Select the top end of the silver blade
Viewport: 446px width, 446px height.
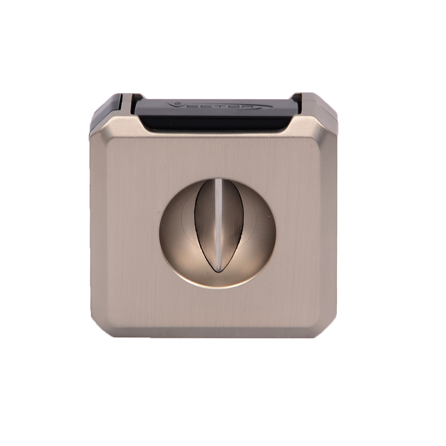(x=219, y=180)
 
